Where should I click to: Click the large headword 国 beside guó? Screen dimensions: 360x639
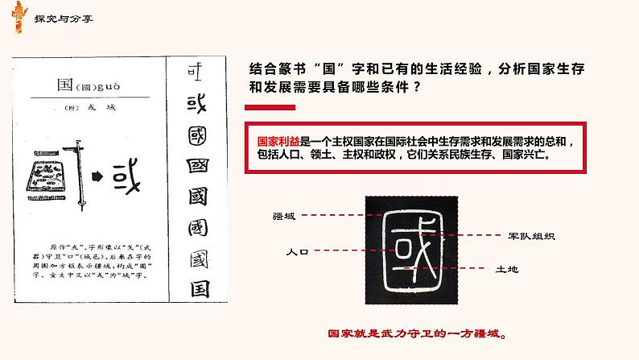pos(64,85)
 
